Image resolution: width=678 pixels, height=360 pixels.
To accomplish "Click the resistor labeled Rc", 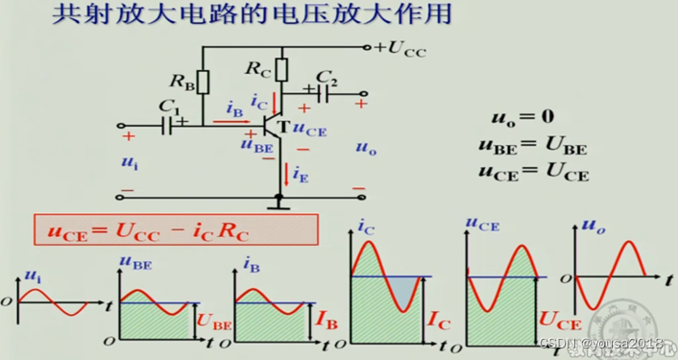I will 280,69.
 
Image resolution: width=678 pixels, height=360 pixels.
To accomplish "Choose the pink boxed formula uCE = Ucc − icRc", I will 175,230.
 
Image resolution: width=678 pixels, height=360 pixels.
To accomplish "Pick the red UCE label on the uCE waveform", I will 560,318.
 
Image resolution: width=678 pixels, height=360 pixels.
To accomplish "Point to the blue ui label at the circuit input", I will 130,162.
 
